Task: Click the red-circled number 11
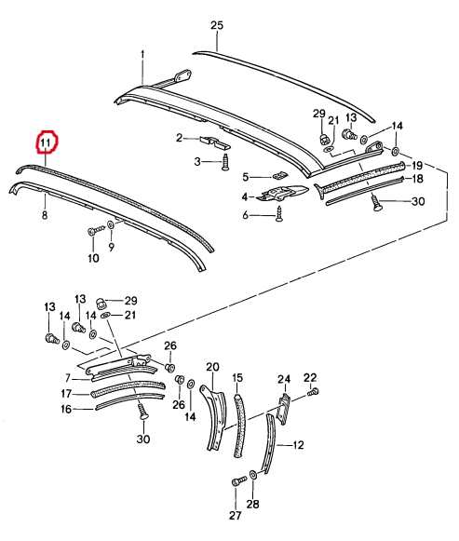coord(46,142)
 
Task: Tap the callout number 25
coord(217,25)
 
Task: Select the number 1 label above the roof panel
coord(142,55)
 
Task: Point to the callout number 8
coord(45,215)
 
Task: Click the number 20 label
coord(212,367)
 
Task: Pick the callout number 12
coord(298,445)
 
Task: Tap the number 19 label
coord(417,166)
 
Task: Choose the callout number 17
coord(66,393)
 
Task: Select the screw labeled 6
coord(278,214)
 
